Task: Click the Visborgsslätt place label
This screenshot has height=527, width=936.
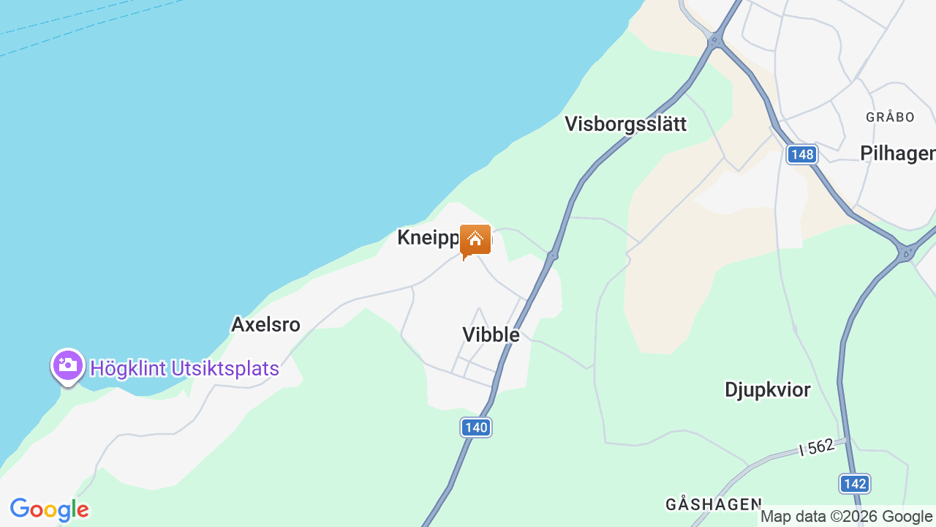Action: coord(625,124)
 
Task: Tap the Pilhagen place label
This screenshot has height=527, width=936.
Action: coord(897,153)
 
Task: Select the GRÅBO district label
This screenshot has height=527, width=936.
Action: coord(890,117)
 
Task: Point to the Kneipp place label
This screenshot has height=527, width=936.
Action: coord(429,237)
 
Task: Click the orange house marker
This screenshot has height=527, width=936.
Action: coord(475,240)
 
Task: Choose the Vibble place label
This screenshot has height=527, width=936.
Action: coord(491,334)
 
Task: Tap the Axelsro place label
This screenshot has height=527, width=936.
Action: coord(265,324)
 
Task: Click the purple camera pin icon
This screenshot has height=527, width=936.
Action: coord(68,365)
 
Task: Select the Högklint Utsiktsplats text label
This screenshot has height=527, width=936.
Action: coord(184,368)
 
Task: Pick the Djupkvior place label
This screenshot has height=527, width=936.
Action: coord(767,389)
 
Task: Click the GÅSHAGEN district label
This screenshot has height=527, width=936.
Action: coord(714,504)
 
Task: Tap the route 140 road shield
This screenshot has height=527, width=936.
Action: coord(476,427)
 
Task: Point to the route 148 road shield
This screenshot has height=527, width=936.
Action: coord(802,154)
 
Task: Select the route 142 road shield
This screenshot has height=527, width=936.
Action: coord(854,483)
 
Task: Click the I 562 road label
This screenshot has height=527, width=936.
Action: coord(817,446)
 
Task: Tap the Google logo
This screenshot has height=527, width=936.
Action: coord(50,509)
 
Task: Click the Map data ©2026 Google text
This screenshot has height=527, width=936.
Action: coord(847,517)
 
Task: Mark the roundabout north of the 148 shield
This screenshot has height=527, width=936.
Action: coord(715,42)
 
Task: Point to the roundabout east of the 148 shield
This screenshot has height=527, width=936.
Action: coord(906,253)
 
